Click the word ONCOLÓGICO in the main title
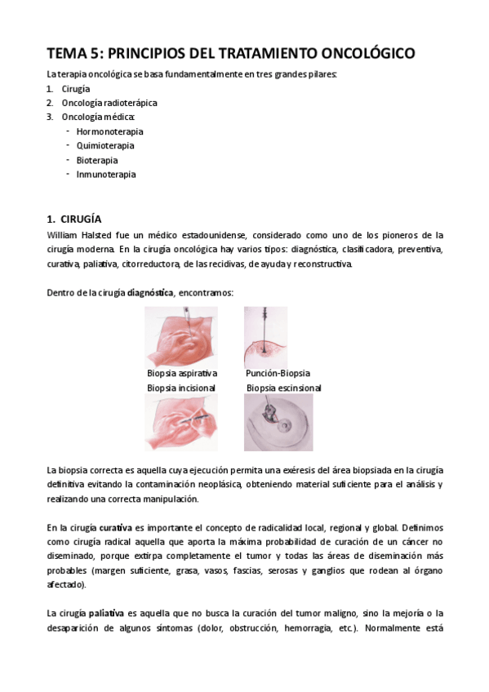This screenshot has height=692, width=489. point(362,54)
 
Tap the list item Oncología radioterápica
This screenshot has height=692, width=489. point(109,103)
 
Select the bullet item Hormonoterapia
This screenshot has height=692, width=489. point(109,131)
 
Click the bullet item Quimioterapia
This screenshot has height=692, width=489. point(105,145)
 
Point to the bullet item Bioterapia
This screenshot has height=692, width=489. point(97,160)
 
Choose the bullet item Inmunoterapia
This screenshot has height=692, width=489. point(106,174)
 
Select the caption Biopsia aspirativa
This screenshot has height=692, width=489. point(182,374)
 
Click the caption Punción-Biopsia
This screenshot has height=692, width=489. point(278,374)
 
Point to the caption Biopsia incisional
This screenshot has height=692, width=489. point(181,388)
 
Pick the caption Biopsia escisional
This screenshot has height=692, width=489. point(284,388)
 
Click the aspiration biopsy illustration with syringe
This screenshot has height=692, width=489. point(181,337)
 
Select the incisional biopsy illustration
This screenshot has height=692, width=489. point(181,423)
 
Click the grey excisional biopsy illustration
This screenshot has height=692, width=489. point(278,423)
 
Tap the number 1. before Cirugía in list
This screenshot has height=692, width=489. point(51,89)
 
